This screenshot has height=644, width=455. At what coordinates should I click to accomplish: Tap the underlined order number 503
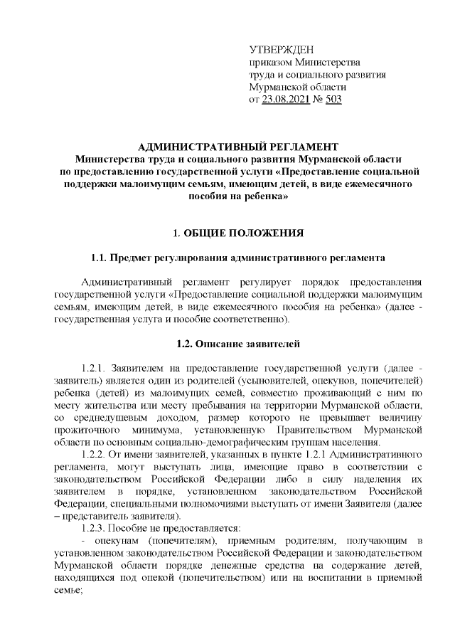[333, 100]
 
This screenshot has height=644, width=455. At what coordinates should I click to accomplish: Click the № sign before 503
[316, 100]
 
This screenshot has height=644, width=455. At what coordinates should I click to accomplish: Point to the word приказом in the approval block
[269, 62]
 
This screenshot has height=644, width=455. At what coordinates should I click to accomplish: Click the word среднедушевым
[104, 418]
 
